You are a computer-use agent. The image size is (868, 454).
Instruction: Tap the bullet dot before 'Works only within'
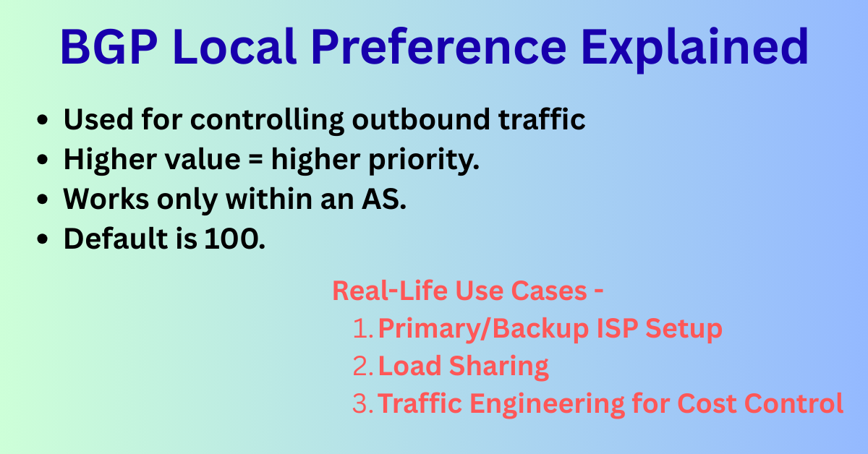click(44, 200)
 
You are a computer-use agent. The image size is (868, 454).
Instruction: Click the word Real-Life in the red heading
click(390, 291)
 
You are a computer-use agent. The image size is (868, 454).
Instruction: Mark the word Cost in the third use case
click(726, 403)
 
